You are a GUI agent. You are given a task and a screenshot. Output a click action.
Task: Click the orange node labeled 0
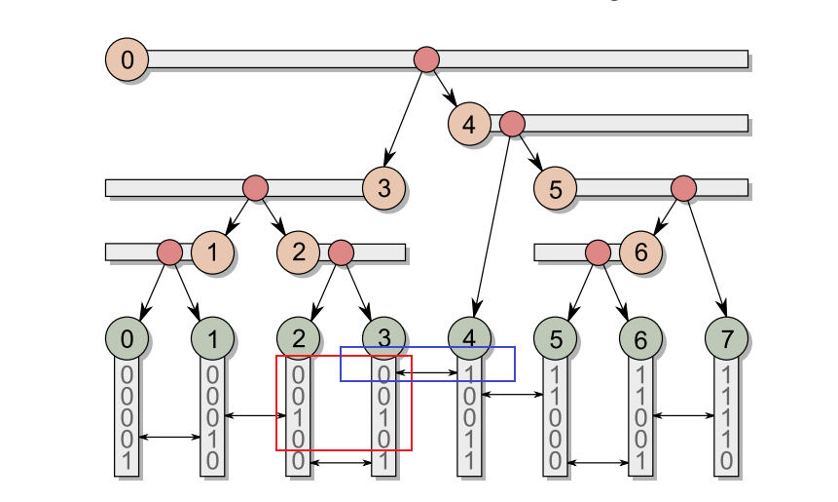(x=127, y=60)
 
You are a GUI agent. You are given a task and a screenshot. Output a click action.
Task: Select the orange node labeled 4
(x=469, y=124)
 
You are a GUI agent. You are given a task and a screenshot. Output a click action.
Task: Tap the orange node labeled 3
(x=383, y=187)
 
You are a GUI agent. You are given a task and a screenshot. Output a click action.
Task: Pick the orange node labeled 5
(x=555, y=188)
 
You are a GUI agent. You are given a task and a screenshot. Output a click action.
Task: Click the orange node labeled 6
(x=640, y=251)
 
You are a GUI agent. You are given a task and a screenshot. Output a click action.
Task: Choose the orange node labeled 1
(x=212, y=251)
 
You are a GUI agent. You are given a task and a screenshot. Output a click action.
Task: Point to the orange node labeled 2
(x=298, y=251)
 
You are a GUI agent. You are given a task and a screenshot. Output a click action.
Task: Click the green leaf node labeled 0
(x=127, y=339)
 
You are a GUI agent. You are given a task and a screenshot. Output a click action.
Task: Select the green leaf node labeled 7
(x=726, y=339)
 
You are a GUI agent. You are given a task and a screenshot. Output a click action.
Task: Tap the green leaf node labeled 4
(x=469, y=339)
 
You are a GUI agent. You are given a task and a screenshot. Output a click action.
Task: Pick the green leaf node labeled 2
(x=298, y=339)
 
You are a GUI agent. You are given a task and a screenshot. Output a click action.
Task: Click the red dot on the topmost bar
(x=426, y=59)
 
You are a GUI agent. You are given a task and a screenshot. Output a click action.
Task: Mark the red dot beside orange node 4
(x=512, y=124)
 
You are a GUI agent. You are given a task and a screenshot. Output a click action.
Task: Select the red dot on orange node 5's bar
(x=683, y=187)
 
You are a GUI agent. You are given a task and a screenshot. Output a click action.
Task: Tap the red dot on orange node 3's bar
(x=255, y=187)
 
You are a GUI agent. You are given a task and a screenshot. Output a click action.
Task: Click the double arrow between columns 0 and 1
(x=169, y=437)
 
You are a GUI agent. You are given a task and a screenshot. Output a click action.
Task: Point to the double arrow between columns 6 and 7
(x=683, y=415)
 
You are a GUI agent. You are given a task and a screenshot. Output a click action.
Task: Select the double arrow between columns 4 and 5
(x=512, y=394)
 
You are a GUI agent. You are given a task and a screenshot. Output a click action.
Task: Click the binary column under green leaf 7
(x=726, y=417)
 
